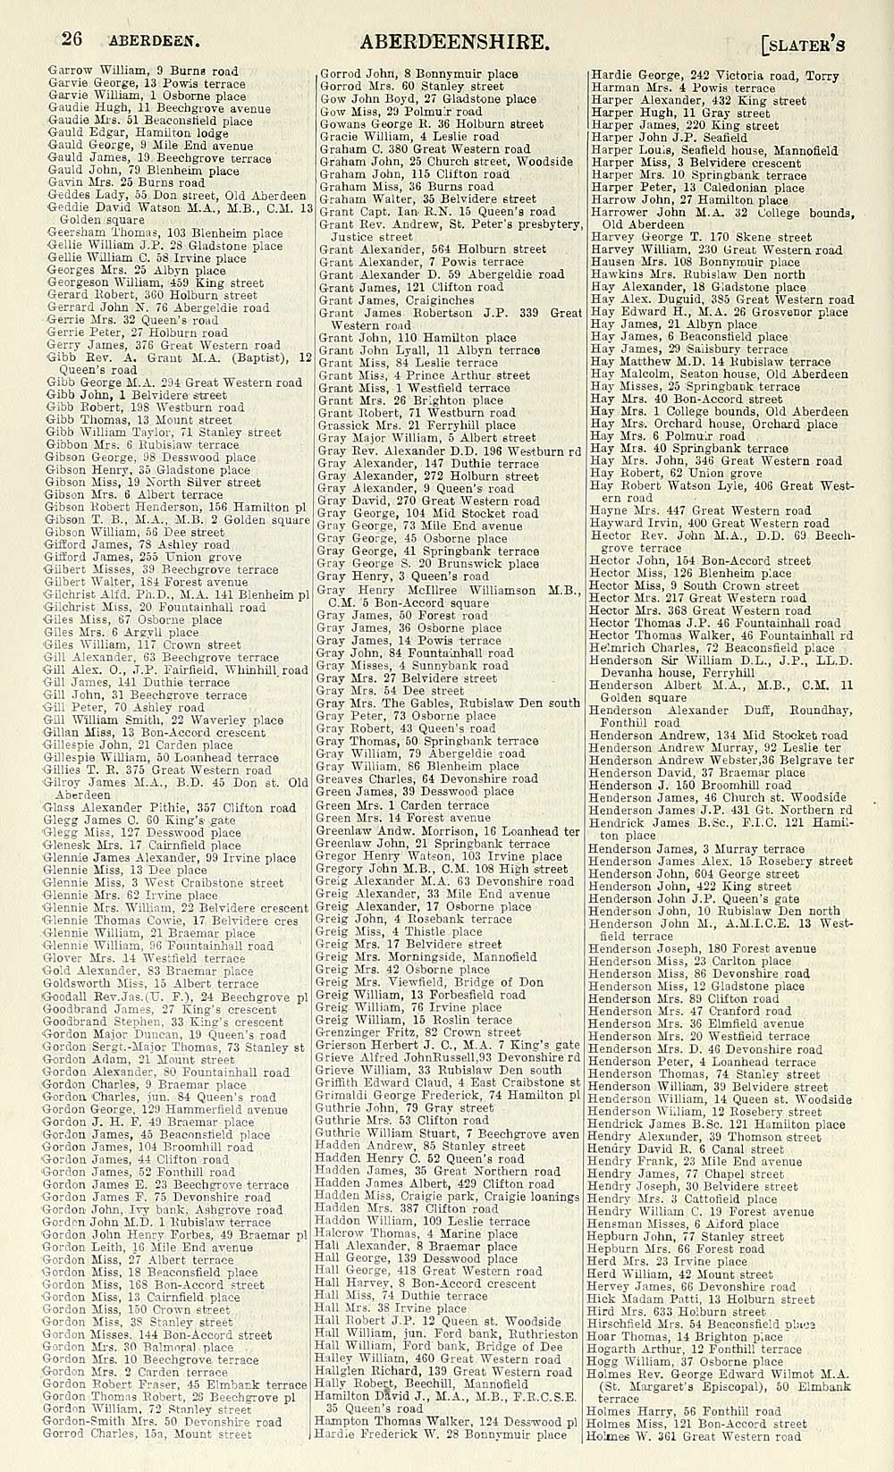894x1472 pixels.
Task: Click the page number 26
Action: (x=72, y=39)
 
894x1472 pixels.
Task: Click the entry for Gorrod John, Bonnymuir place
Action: (x=418, y=74)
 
